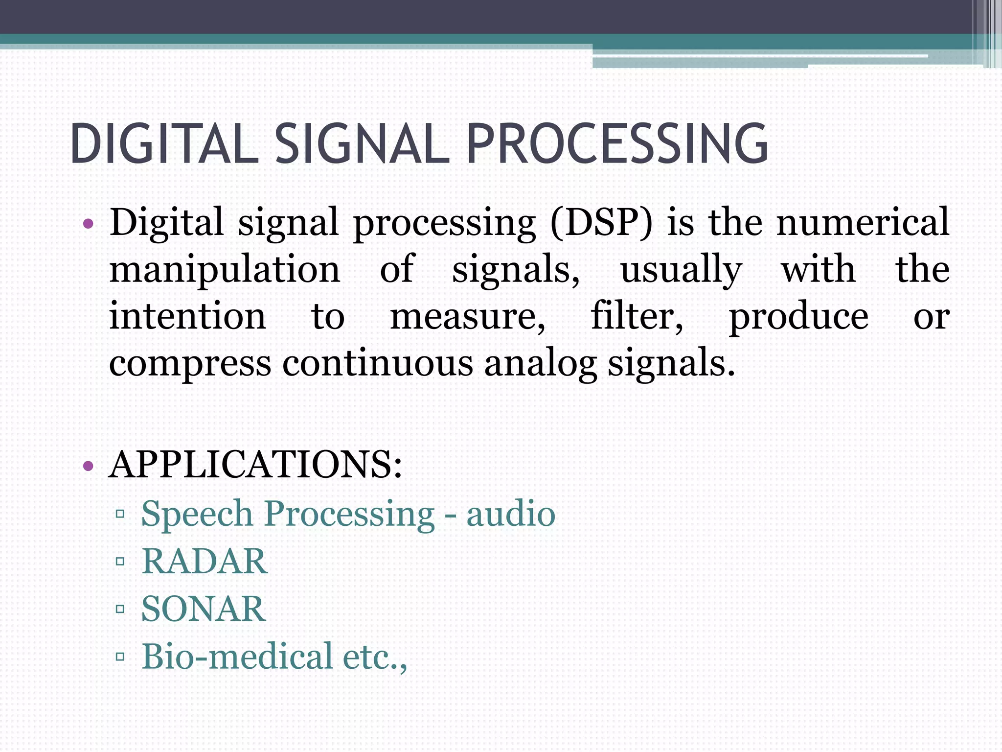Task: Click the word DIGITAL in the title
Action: coord(164,144)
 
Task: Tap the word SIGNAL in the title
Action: coord(362,144)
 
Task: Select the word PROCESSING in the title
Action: coord(617,144)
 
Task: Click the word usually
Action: coord(681,270)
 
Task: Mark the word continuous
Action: coord(377,363)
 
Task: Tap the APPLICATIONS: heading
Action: coord(255,464)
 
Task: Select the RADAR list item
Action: coord(205,561)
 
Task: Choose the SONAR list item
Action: coord(204,609)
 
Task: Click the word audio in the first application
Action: coord(511,514)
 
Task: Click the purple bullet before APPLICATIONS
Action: coord(89,465)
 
